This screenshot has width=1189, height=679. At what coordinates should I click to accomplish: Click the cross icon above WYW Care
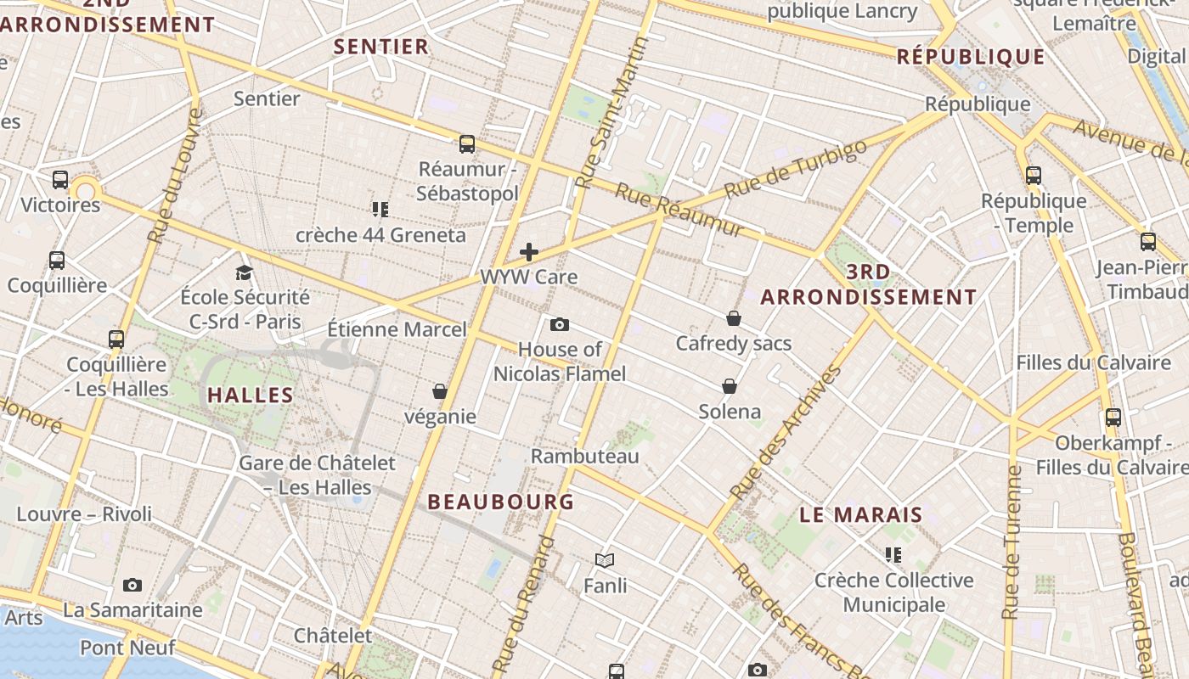pyautogui.click(x=529, y=251)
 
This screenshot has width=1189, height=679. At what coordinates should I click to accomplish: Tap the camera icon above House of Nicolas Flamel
pyautogui.click(x=559, y=324)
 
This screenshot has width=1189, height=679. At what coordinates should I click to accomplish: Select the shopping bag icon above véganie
pyautogui.click(x=440, y=391)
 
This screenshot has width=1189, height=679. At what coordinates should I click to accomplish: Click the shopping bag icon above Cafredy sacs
pyautogui.click(x=734, y=318)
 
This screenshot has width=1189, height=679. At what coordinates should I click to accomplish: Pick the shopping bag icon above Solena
pyautogui.click(x=729, y=386)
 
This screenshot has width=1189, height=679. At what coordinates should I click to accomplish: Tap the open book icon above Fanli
pyautogui.click(x=605, y=560)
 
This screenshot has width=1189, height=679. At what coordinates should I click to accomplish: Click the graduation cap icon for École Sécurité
pyautogui.click(x=245, y=272)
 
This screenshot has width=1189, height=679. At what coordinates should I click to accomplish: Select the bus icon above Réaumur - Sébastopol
pyautogui.click(x=467, y=144)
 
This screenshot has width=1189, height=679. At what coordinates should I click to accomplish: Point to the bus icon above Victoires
pyautogui.click(x=59, y=180)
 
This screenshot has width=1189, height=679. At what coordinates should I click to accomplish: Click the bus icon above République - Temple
pyautogui.click(x=1034, y=176)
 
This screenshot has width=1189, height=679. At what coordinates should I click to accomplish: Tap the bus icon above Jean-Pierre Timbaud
pyautogui.click(x=1148, y=242)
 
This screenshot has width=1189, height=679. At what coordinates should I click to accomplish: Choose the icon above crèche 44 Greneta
pyautogui.click(x=380, y=209)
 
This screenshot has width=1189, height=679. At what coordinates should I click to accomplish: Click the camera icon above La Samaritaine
pyautogui.click(x=132, y=585)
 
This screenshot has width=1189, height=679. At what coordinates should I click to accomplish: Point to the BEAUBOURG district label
pyautogui.click(x=501, y=502)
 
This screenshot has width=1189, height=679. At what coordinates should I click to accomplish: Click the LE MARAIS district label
pyautogui.click(x=861, y=514)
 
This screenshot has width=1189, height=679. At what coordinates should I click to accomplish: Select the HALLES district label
pyautogui.click(x=251, y=395)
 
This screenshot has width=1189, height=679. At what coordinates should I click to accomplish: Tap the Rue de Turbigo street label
pyautogui.click(x=796, y=168)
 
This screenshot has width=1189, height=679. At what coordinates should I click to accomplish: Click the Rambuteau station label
pyautogui.click(x=584, y=456)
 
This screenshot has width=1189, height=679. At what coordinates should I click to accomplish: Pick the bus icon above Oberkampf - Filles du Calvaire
pyautogui.click(x=1113, y=418)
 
